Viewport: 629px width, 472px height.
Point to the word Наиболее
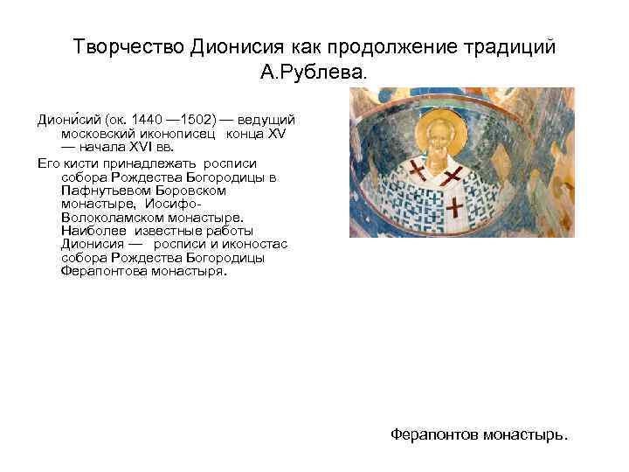click(x=91, y=230)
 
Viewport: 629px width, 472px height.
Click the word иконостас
click(x=259, y=244)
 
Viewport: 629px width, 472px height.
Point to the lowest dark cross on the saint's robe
click(x=456, y=207)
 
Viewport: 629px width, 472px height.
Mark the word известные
click(x=161, y=230)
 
